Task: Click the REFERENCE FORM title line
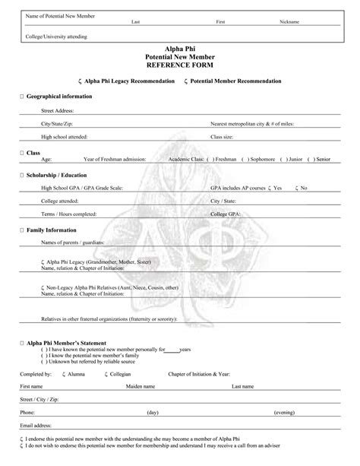coord(181,65)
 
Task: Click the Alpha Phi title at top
coord(181,49)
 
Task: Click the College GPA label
coord(225,214)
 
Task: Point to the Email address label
coord(36,425)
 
